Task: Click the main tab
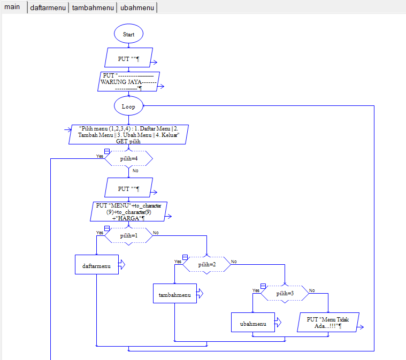[12, 7]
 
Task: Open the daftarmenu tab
[48, 8]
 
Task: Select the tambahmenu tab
[93, 8]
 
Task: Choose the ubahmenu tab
[137, 8]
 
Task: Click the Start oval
[128, 34]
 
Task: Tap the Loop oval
[128, 106]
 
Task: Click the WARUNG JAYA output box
[129, 82]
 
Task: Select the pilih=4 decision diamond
[128, 158]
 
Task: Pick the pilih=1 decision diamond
[128, 235]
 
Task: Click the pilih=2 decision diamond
[207, 264]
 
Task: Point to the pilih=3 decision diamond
[285, 294]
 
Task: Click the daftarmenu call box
[97, 265]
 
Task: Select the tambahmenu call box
[175, 294]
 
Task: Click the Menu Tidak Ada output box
[327, 323]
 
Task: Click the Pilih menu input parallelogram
[129, 134]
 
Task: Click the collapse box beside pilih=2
[185, 257]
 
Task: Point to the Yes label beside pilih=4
[99, 156]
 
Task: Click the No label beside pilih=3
[312, 290]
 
